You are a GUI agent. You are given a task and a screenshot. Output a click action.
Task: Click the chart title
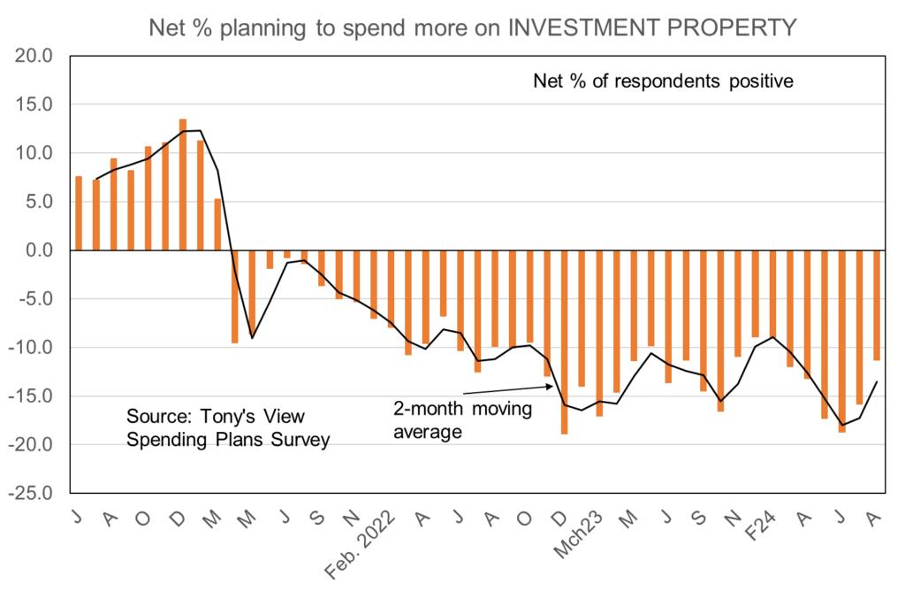472,27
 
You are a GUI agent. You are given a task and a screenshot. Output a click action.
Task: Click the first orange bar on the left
79,213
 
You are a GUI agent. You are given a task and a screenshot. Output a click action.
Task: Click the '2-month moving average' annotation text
462,420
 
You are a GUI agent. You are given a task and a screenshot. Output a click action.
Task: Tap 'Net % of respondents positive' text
664,81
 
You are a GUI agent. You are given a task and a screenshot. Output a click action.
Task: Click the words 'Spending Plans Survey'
228,439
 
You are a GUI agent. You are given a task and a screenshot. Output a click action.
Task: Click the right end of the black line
876,381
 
